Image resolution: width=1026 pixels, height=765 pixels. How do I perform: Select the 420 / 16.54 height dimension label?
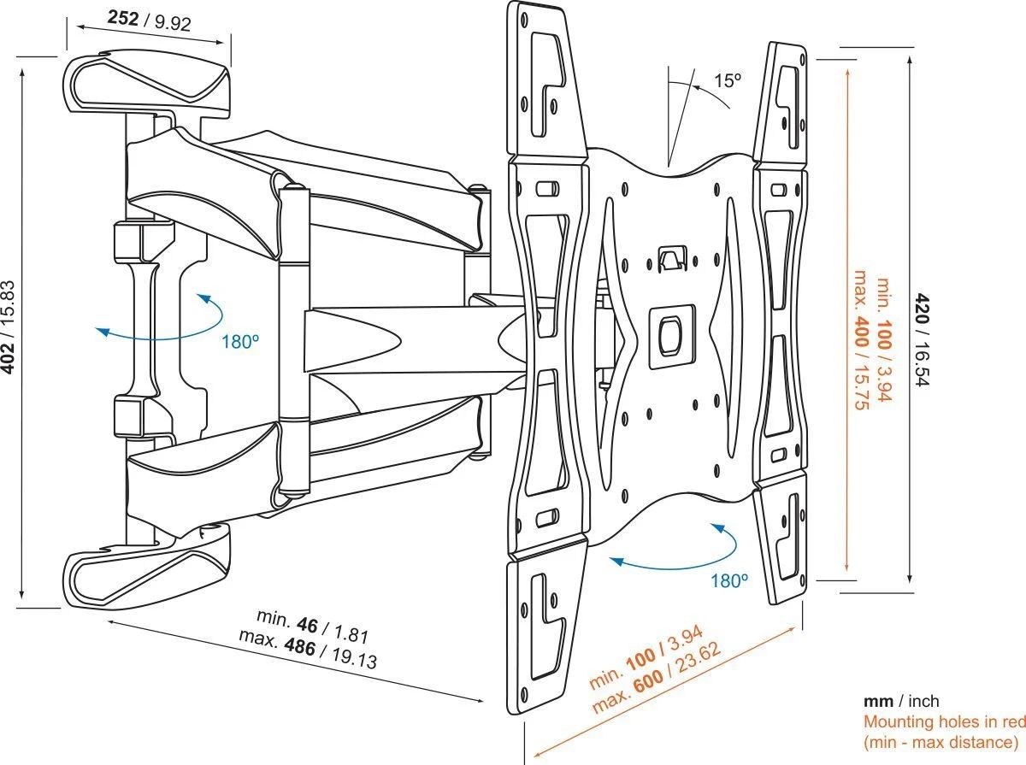(x=921, y=338)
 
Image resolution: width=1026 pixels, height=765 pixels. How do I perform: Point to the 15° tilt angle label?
(x=728, y=80)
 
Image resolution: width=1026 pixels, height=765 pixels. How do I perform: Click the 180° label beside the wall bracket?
(x=240, y=341)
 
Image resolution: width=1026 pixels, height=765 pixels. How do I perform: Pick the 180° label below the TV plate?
(x=729, y=580)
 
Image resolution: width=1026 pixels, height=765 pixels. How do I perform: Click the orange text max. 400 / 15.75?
(x=861, y=340)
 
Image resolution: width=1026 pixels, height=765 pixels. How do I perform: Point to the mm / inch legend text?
(x=900, y=702)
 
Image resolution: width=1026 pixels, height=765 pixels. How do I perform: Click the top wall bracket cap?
(x=150, y=85)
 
